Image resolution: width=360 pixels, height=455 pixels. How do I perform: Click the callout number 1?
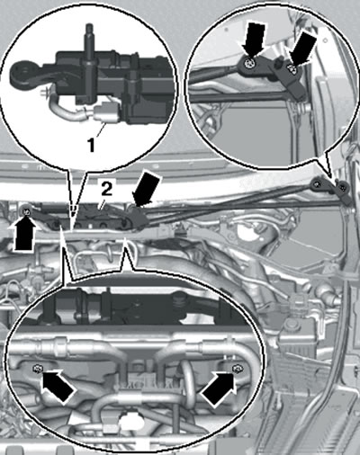click(x=91, y=146)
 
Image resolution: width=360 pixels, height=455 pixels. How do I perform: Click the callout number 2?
click(x=106, y=190)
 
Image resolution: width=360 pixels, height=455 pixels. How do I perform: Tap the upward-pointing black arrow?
click(x=24, y=235)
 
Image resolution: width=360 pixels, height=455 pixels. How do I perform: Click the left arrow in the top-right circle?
click(x=254, y=39)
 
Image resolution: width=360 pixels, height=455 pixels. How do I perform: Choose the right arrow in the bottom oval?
click(x=219, y=388)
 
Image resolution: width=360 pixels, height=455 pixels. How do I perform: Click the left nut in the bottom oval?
click(x=37, y=368)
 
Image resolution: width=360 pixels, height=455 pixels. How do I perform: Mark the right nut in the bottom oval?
click(x=238, y=368)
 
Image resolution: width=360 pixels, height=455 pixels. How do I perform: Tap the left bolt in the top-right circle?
click(x=248, y=63)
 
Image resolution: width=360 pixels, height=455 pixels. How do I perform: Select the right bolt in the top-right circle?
click(x=292, y=68)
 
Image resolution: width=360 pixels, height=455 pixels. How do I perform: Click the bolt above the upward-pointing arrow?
click(x=27, y=211)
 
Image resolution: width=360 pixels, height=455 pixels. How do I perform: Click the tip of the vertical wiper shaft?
click(x=89, y=24)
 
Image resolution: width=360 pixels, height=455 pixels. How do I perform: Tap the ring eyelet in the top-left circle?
click(x=22, y=70)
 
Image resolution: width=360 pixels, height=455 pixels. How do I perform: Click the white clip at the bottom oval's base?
click(x=130, y=421)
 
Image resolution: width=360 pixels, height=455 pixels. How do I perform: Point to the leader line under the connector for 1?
click(x=100, y=130)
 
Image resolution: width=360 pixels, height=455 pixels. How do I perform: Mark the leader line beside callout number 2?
click(x=100, y=205)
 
